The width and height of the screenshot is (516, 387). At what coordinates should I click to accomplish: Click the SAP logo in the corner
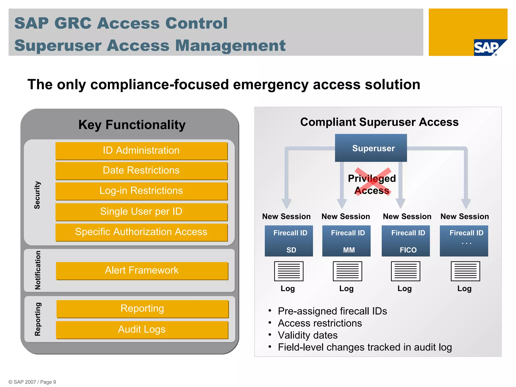click(488, 48)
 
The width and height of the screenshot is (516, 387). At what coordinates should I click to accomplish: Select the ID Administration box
click(141, 151)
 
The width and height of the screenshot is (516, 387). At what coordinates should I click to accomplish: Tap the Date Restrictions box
click(141, 171)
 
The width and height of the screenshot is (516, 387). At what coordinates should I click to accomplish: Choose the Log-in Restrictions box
click(141, 191)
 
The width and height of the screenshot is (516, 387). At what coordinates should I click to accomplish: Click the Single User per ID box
click(141, 212)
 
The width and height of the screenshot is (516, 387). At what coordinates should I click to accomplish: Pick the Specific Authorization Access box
click(141, 232)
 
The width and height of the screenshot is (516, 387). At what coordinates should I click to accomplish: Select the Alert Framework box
click(142, 271)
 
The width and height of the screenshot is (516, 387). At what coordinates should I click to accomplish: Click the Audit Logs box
click(142, 330)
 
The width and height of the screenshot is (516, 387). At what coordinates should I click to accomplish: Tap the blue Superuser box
click(371, 148)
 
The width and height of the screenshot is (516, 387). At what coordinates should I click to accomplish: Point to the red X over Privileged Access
click(373, 181)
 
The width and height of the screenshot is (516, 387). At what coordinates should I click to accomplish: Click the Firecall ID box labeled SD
click(289, 241)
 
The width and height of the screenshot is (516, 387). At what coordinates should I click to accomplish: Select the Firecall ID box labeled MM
click(346, 241)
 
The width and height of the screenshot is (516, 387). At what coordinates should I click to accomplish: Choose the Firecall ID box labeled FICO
click(406, 241)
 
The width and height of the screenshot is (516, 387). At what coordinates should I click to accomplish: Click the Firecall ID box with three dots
click(464, 241)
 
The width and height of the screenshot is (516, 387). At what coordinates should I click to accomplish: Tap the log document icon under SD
click(289, 271)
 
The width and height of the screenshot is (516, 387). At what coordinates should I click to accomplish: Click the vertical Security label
click(37, 195)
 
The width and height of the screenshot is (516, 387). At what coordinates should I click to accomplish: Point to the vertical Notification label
click(38, 270)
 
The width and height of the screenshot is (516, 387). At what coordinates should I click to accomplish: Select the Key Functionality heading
click(132, 125)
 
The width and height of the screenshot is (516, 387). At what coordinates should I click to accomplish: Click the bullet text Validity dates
click(308, 335)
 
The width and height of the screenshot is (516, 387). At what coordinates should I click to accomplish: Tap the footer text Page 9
click(48, 382)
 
